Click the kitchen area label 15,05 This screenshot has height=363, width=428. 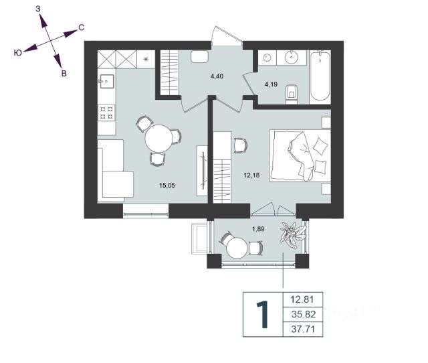pos(167,186)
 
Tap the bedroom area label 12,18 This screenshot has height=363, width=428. pos(251,175)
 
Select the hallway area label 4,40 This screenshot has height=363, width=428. pos(217,76)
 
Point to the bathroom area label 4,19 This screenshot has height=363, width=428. pos(271,84)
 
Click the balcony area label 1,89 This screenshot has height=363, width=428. pos(258,229)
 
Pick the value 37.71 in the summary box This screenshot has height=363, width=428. pos(303,329)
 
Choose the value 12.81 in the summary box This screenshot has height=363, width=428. pos(302,299)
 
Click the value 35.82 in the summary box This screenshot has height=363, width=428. pos(304,314)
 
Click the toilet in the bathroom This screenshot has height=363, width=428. pos(292,94)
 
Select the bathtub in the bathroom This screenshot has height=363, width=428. pos(320,76)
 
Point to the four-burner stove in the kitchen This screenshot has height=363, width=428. pos(106,113)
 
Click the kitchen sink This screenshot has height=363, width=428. pos(107,81)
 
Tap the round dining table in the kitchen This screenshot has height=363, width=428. pos(159,139)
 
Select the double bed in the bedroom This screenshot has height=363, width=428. pos(300,156)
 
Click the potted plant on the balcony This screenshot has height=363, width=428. pos(292,234)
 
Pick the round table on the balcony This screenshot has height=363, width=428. pos(237,247)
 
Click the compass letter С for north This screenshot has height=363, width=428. pos(81,27)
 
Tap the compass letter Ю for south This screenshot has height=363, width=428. pos(18,53)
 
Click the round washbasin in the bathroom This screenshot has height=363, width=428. pos(292,57)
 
